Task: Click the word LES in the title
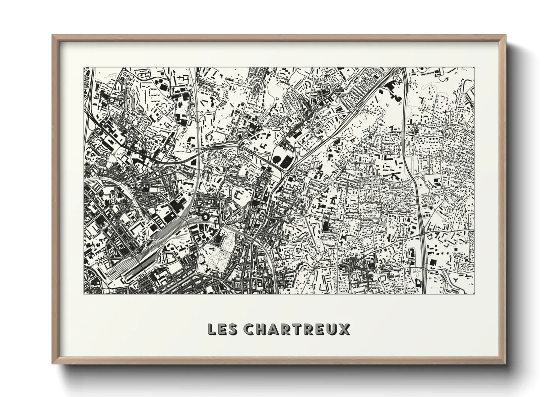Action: [222, 329]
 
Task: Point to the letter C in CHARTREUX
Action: [249, 329]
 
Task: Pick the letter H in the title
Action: [261, 329]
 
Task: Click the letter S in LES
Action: [232, 329]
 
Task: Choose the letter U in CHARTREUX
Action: [332, 329]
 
